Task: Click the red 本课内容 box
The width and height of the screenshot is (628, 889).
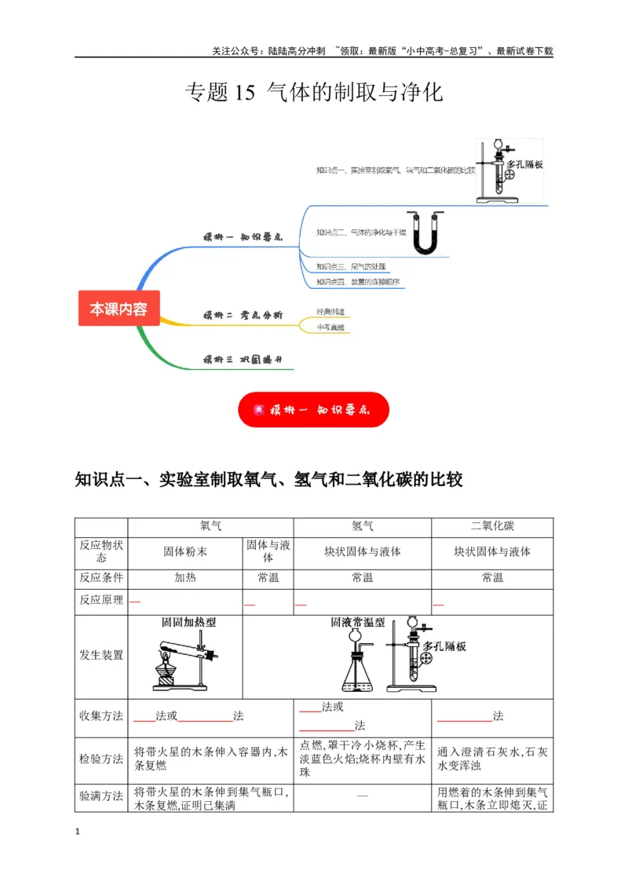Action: (119, 309)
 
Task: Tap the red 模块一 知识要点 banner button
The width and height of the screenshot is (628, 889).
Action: (314, 409)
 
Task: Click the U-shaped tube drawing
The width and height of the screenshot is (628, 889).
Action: (425, 233)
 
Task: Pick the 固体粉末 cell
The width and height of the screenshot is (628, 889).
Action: (185, 551)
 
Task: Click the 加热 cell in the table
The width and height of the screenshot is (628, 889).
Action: (185, 578)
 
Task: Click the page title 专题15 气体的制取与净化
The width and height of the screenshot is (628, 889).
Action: (314, 93)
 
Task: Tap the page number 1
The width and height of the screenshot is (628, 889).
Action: (77, 831)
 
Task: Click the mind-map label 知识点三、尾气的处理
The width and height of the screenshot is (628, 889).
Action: (346, 266)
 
